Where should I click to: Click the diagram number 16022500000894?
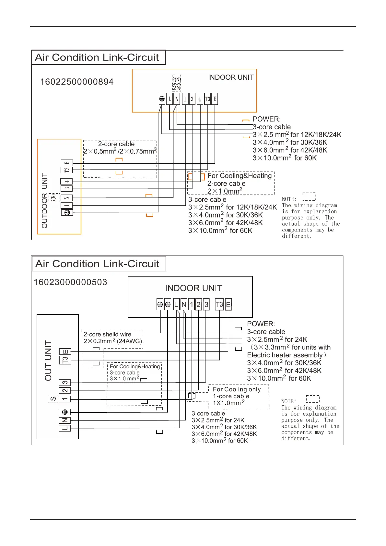77,82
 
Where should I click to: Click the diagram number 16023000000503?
70,282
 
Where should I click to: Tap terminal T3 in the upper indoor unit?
207,99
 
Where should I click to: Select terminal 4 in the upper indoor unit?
200,99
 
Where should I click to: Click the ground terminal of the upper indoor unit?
162,99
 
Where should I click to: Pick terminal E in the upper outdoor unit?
67,163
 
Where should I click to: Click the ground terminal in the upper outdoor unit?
67,213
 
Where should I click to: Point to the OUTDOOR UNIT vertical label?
45,200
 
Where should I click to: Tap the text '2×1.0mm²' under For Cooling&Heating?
225,191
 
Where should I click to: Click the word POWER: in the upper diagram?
266,119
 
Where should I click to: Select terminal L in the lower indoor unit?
176,304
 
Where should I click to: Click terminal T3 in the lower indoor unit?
219,304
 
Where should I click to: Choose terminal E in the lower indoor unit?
228,304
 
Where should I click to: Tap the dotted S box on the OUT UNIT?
53,399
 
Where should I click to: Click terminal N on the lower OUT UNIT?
64,420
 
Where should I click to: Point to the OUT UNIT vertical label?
48,361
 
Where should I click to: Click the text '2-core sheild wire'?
107,334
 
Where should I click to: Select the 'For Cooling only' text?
237,389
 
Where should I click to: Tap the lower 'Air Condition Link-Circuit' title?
97,264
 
